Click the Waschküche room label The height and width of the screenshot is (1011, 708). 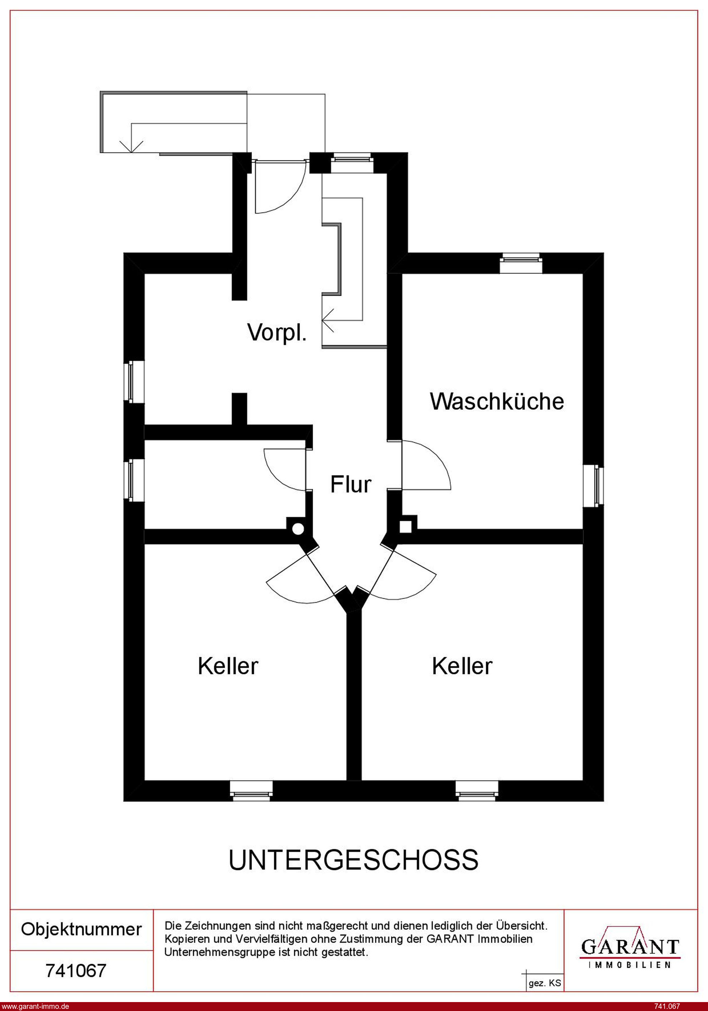(x=497, y=402)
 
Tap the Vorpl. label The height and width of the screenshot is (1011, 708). (x=277, y=332)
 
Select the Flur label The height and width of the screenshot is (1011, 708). (x=351, y=484)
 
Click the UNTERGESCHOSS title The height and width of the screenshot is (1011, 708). (x=353, y=860)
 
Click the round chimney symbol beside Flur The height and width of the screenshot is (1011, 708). (x=298, y=529)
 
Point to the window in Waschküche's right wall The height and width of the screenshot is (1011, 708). (x=594, y=486)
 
